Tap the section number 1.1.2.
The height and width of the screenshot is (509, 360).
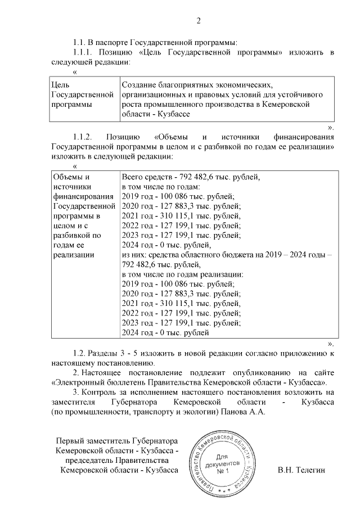(84, 137)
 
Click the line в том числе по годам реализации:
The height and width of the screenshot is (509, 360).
(182, 274)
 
